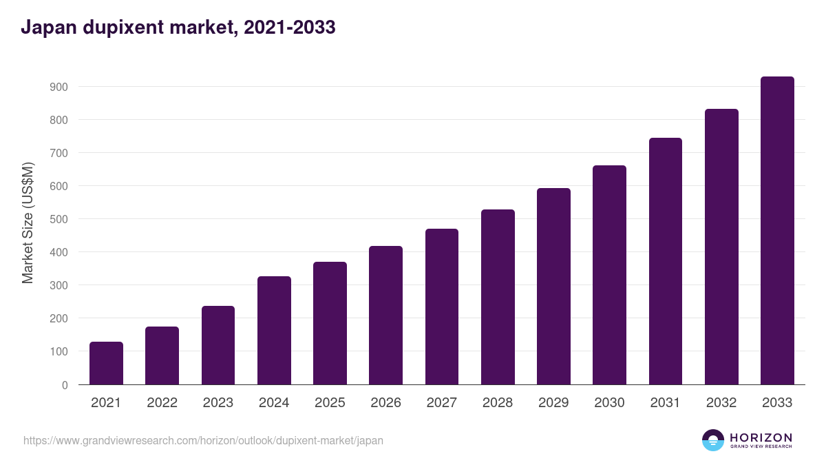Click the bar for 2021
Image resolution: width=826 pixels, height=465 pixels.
coord(106,363)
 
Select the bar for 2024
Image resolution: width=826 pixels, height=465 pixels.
coord(274,331)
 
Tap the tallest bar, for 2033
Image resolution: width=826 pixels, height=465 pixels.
coord(777,231)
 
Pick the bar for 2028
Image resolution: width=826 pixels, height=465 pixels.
coord(498,297)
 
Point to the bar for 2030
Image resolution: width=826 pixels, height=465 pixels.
coord(609,275)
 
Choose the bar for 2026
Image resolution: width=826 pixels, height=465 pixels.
coord(385,316)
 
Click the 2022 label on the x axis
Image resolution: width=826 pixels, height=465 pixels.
coord(162,403)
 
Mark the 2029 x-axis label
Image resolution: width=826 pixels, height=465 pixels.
coord(553,403)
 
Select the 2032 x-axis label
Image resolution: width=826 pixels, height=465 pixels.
coord(721,403)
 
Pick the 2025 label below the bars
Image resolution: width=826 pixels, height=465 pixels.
coord(330,403)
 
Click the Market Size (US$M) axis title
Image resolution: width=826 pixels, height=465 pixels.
coord(28,223)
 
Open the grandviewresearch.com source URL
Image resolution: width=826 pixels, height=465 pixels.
coord(203,440)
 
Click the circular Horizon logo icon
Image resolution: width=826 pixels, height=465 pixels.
coord(713,440)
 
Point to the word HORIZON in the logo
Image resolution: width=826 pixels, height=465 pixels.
coord(761,437)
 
